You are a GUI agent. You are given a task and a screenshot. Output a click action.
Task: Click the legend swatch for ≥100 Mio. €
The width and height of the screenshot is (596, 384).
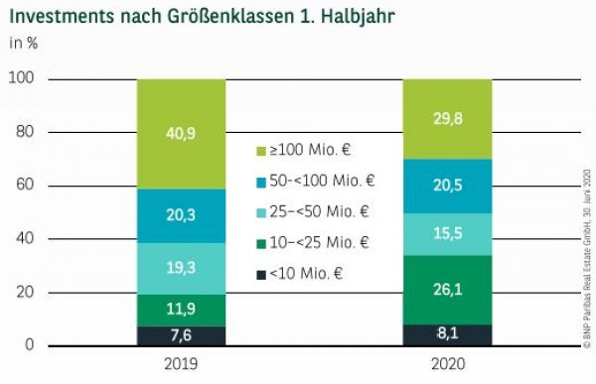coord(261,151)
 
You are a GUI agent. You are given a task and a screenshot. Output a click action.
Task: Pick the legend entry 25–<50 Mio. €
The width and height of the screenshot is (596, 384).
coord(317,211)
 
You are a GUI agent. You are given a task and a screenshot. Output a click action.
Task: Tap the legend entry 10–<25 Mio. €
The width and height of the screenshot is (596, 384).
coord(317,241)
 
